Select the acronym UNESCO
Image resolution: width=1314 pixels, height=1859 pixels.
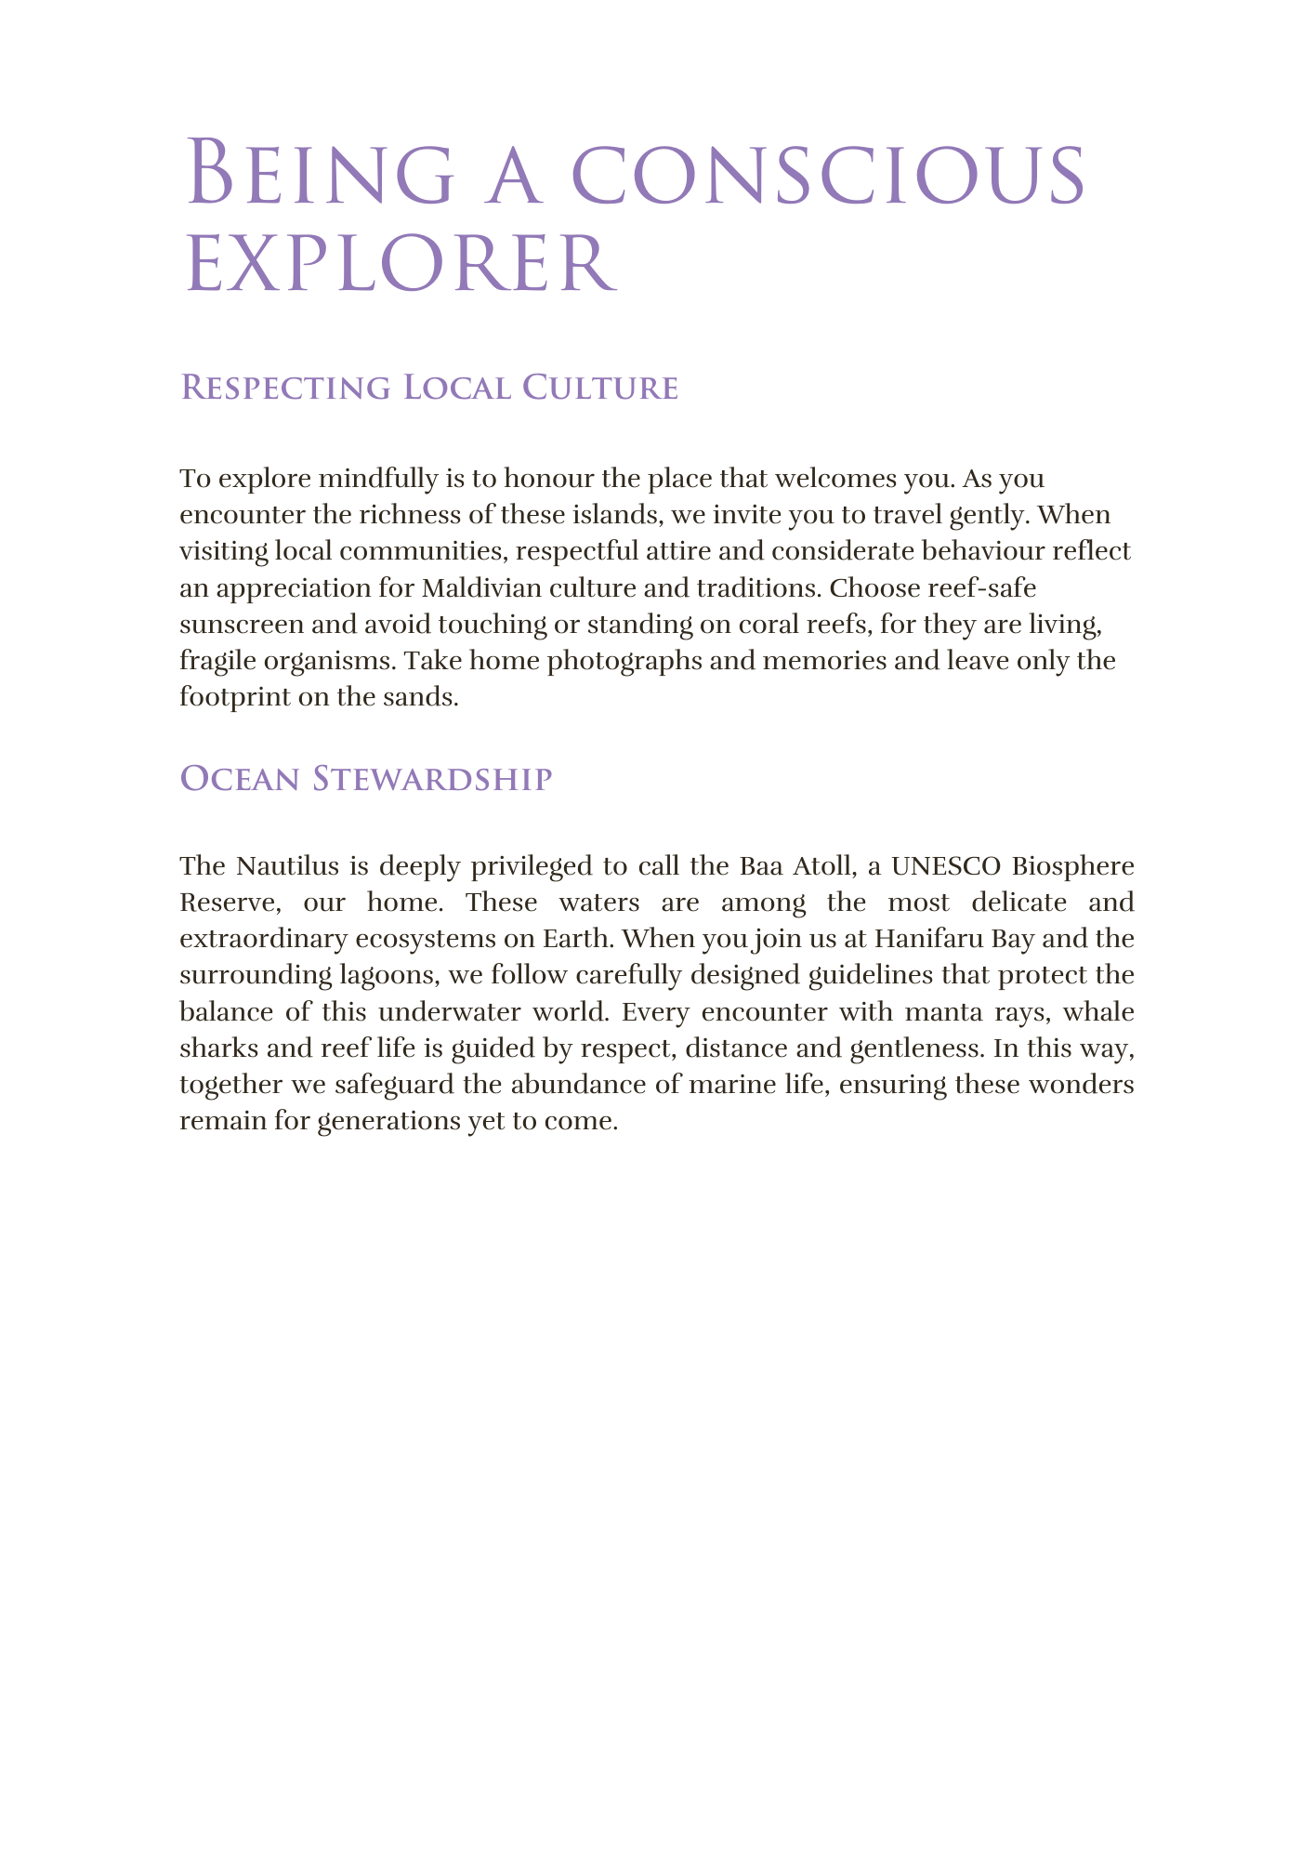[946, 865]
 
